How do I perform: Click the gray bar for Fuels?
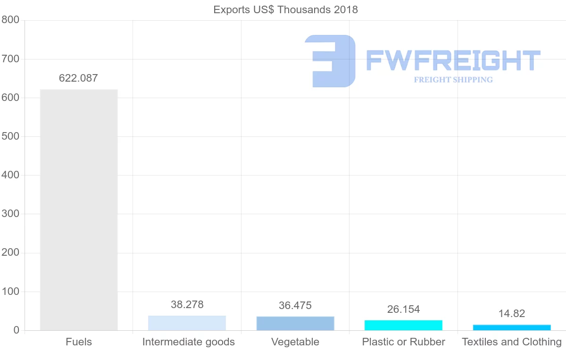(x=79, y=209)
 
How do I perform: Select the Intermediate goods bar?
(x=187, y=323)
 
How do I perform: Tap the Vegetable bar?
(x=295, y=323)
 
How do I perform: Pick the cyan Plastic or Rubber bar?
(x=403, y=325)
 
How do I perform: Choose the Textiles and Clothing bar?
(x=512, y=327)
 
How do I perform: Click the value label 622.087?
(x=78, y=78)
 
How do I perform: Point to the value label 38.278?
(x=187, y=305)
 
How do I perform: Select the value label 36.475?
(x=295, y=306)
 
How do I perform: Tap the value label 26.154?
(x=403, y=310)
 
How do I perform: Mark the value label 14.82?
(x=512, y=314)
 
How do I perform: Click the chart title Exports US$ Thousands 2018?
(x=286, y=9)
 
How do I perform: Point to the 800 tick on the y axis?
(x=10, y=20)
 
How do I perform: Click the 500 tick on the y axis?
(x=10, y=136)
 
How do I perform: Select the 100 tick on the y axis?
(x=10, y=292)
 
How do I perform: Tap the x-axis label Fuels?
(x=79, y=342)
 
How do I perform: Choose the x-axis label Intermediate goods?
(x=188, y=342)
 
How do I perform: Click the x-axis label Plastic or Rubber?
(x=403, y=342)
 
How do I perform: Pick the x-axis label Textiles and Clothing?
(x=512, y=342)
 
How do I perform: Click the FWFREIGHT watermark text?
(x=453, y=60)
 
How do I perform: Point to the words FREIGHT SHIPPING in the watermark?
(x=453, y=80)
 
